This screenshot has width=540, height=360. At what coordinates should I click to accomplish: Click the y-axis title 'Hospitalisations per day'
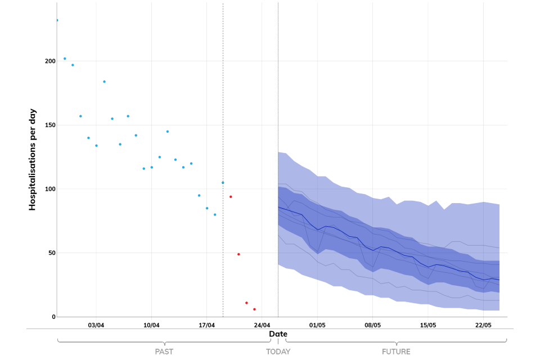point(32,159)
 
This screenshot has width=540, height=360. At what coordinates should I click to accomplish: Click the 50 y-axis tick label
point(51,253)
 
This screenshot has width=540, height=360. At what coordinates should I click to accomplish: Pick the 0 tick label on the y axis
point(53,317)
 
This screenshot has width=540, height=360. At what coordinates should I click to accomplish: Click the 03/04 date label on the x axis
point(96,325)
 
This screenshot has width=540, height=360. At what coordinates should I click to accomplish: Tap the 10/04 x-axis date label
point(151,325)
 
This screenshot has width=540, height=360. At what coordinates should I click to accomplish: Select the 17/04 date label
point(206,325)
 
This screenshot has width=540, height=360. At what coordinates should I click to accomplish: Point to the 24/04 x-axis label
point(262,325)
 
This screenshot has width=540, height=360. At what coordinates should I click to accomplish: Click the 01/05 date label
point(317,325)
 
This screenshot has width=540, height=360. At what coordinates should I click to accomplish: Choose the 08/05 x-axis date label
point(372,325)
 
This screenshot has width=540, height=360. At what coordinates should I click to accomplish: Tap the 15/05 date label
point(428,325)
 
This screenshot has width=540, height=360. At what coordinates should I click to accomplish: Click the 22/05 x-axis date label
point(483,325)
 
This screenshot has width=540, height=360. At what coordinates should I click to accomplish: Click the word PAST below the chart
point(164,352)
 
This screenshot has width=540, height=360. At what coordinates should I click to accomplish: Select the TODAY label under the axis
point(278,352)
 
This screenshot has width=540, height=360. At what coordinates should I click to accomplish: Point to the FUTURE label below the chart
point(396,352)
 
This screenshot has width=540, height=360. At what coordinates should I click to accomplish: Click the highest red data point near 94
point(231,197)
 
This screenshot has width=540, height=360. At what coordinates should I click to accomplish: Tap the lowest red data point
point(254,309)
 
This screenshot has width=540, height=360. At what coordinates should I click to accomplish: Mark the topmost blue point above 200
point(57,20)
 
